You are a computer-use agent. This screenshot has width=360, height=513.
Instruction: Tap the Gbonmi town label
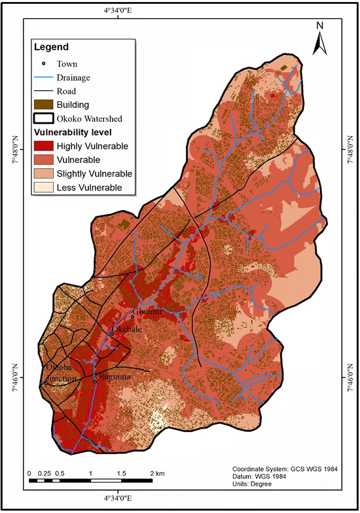(x=146, y=311)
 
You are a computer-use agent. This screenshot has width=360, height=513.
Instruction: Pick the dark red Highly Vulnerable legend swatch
(x=43, y=146)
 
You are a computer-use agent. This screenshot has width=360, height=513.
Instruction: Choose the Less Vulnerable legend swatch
(x=43, y=188)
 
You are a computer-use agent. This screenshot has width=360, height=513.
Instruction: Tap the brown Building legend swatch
(x=43, y=104)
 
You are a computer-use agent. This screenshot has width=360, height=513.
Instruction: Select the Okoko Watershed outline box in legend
(x=43, y=118)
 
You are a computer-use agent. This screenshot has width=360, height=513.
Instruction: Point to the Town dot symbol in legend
(x=43, y=64)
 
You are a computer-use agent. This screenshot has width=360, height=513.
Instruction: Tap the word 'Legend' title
(x=52, y=47)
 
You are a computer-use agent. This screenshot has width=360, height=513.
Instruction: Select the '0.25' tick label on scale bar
(x=45, y=472)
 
